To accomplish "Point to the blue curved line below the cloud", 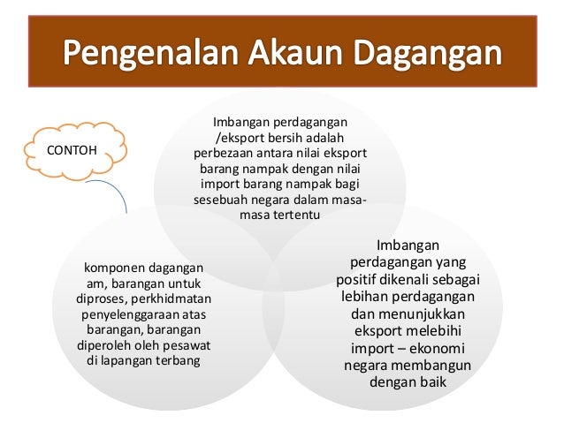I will click(x=114, y=193).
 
